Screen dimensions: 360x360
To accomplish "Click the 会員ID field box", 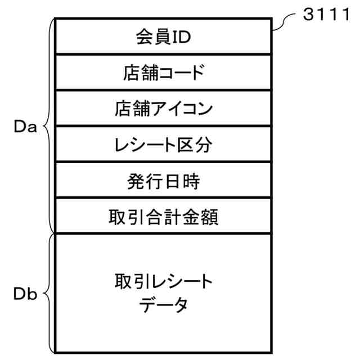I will click(x=163, y=37).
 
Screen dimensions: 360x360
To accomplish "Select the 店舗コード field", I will click(x=163, y=72).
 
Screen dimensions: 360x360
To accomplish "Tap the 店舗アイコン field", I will click(x=163, y=107).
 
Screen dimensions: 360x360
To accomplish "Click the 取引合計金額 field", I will click(x=163, y=215).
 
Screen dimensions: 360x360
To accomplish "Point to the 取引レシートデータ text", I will click(x=163, y=293).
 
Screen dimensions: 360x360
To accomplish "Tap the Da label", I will click(x=25, y=127).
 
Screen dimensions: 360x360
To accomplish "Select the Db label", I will click(x=25, y=294).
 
